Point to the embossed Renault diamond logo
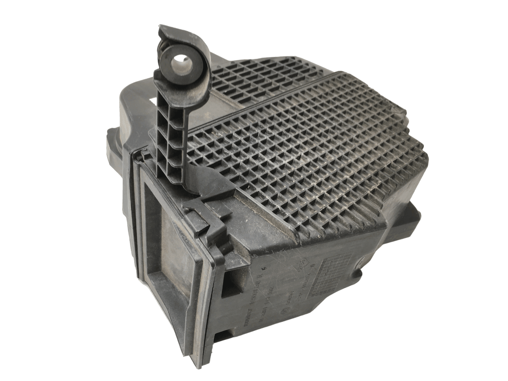click(302, 265)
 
